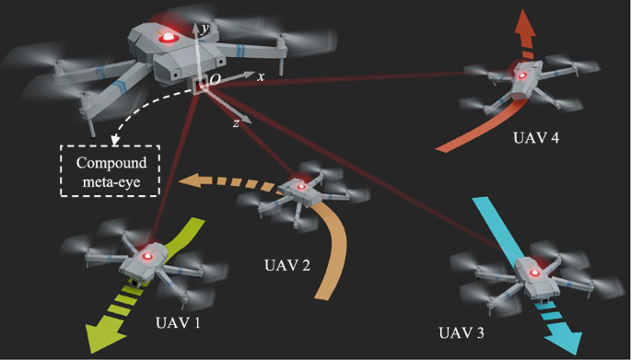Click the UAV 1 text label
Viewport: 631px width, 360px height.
(178, 322)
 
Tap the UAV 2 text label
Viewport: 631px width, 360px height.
(286, 265)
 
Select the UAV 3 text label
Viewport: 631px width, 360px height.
(462, 332)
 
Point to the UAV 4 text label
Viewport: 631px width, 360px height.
(536, 138)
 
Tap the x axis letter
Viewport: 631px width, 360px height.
(261, 76)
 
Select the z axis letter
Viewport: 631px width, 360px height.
(236, 123)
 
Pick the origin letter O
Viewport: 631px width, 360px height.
(216, 80)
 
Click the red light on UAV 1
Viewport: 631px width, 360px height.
(147, 256)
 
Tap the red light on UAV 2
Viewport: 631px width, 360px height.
(299, 187)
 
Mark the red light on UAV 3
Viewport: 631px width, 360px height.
(534, 273)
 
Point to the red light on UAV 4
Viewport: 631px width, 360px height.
(522, 75)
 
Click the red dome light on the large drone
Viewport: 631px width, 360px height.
(169, 38)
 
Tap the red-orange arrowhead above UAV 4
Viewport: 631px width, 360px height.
(524, 24)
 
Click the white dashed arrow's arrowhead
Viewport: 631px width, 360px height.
(116, 140)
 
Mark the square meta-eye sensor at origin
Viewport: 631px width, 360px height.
(200, 86)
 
